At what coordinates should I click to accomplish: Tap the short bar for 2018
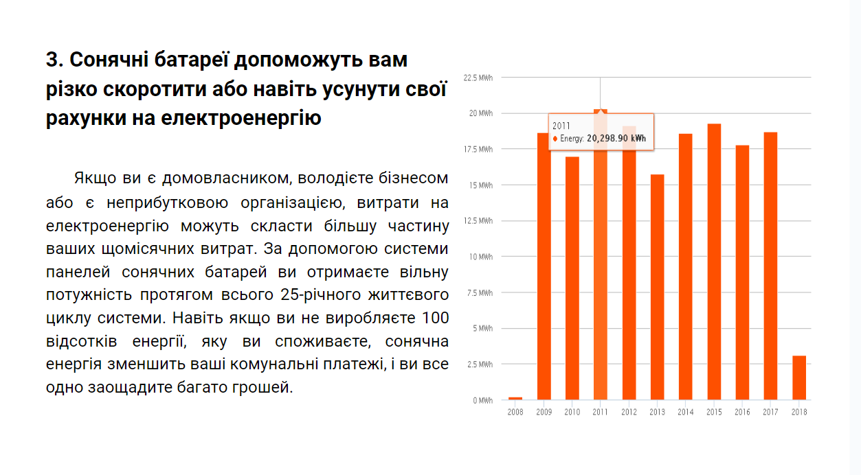click(x=798, y=378)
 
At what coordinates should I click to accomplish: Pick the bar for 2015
click(x=714, y=262)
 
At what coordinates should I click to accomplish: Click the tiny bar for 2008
click(x=515, y=398)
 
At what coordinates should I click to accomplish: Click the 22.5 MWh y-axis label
click(x=478, y=78)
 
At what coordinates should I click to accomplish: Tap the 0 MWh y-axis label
click(x=482, y=400)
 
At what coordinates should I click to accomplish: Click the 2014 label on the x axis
click(x=685, y=413)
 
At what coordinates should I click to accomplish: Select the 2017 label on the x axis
click(x=770, y=413)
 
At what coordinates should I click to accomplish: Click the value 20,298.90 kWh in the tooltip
click(x=616, y=139)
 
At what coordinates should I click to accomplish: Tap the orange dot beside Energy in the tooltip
click(x=555, y=139)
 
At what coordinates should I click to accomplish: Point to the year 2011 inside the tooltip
click(x=561, y=126)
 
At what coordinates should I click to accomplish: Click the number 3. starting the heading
click(x=54, y=60)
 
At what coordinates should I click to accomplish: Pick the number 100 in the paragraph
click(x=436, y=318)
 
